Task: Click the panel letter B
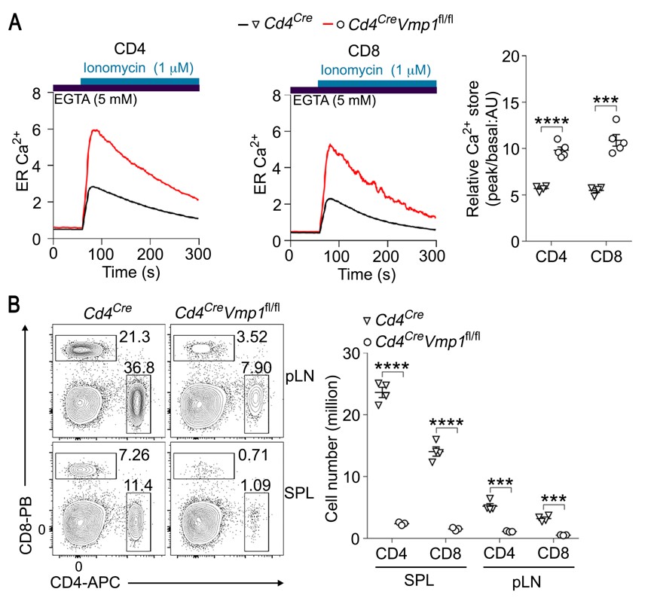click(14, 305)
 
